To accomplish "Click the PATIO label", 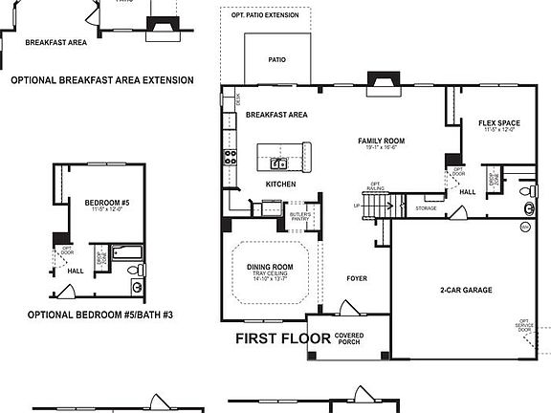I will click(x=277, y=59).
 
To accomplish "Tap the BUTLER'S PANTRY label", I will click(x=300, y=217).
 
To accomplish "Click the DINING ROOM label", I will click(x=271, y=268).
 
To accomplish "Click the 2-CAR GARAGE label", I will click(x=466, y=290).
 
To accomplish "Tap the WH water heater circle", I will click(x=523, y=227).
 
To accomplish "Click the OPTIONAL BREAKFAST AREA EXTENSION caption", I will click(x=101, y=80).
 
